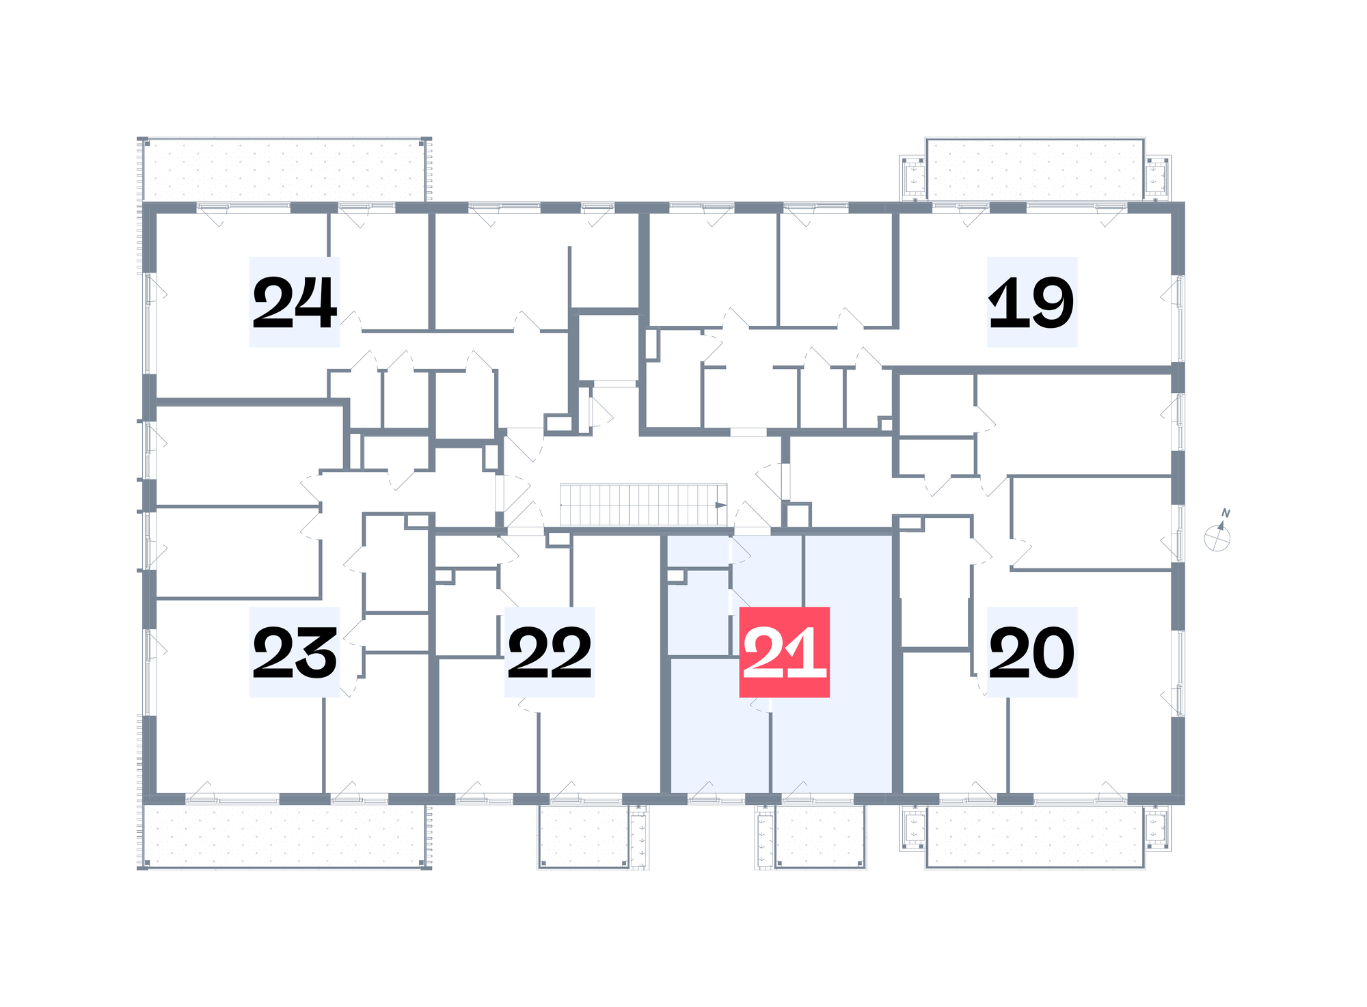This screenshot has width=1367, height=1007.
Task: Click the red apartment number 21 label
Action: click(785, 652)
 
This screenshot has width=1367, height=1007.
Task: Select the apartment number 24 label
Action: click(295, 302)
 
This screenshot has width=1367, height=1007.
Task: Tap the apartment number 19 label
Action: click(1032, 302)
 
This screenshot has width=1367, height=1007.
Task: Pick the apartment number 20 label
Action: click(1032, 652)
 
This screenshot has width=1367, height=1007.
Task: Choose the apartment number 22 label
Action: click(550, 652)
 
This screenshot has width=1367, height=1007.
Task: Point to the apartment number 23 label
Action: click(295, 652)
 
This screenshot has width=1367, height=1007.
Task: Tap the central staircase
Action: click(643, 505)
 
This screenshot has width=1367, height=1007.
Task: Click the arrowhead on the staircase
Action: click(720, 506)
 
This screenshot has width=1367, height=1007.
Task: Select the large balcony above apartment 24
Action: click(284, 170)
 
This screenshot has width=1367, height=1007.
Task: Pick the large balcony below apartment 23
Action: click(284, 836)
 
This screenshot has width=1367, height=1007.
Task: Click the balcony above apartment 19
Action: click(1035, 169)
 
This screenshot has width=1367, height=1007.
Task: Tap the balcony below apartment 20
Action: click(1035, 836)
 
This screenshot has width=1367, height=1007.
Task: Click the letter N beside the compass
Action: click(1226, 513)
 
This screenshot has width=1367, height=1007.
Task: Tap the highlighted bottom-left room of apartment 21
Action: click(719, 726)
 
